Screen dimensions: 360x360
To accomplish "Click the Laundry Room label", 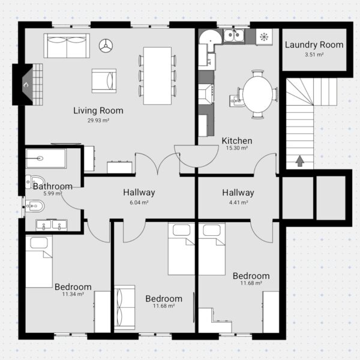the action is point(314,45).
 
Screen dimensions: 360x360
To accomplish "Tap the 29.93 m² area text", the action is point(98,121).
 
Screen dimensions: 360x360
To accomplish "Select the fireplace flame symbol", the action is point(26,85).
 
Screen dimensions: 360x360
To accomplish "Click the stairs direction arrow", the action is point(300,161).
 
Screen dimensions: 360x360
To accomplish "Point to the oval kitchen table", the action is point(257,95).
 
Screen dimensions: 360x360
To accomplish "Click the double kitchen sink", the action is point(234,35).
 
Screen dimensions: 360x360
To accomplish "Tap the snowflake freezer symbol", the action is point(264,37).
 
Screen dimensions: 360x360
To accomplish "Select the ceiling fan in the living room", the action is point(106,46).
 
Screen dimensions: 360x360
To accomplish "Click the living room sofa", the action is point(67,46).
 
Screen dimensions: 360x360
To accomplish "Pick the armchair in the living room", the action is point(104,81).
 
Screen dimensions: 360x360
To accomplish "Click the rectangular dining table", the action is point(157,76).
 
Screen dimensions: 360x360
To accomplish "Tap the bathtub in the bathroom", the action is point(46,158).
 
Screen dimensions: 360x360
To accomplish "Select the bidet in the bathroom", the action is point(35,206).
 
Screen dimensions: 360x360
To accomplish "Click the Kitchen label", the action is point(237,140).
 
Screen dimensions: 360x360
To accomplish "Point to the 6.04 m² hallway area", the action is point(139,203).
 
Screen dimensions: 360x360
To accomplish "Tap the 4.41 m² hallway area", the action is point(238,203).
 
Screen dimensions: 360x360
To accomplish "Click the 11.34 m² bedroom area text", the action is point(73,294).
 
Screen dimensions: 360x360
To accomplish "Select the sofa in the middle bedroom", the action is point(124,307).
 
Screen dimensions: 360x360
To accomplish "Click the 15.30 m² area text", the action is point(237,148).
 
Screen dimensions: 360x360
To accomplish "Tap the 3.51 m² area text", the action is point(314,55).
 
